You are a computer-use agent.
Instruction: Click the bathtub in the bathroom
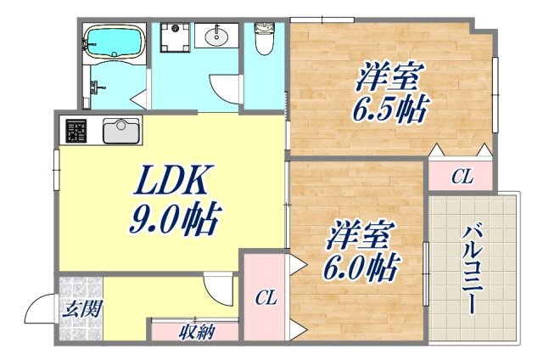[x=114, y=41]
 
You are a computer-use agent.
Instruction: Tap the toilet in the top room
[x=263, y=38]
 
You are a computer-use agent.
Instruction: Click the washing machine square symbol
[x=176, y=38]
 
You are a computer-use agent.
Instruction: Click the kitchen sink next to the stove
[x=121, y=132]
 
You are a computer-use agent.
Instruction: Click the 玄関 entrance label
[x=81, y=308]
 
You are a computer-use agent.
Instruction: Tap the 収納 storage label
[x=194, y=331]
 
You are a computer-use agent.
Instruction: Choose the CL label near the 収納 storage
[x=266, y=298]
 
